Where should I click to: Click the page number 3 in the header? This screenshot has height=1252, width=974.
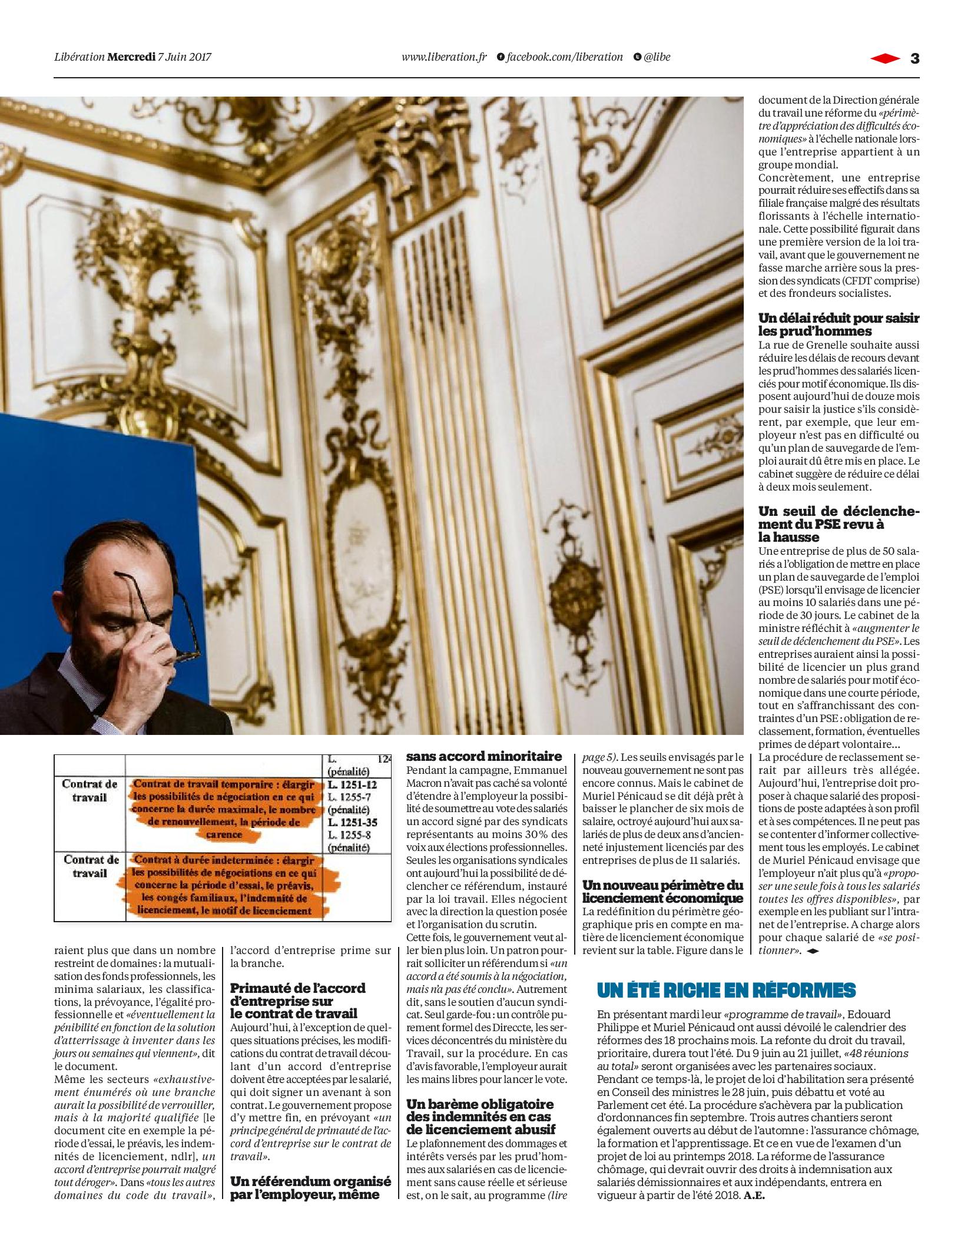[x=915, y=58]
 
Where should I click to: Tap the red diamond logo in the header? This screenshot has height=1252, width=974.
[x=885, y=58]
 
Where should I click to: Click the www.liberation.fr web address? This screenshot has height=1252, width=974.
[x=444, y=57]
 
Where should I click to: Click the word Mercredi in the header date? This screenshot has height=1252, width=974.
[x=131, y=57]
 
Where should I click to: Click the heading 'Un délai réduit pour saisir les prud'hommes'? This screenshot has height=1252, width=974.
[x=838, y=324]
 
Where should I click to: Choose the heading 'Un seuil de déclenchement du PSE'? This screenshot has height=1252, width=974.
[x=838, y=524]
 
